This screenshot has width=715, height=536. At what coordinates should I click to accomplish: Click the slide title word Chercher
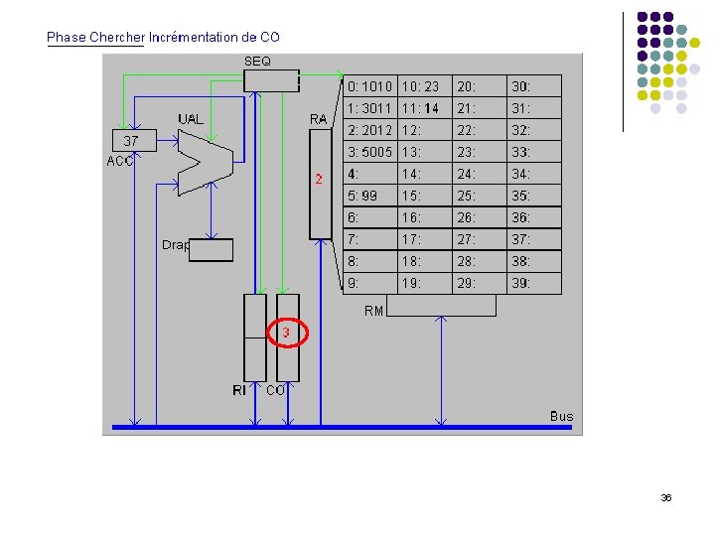117,37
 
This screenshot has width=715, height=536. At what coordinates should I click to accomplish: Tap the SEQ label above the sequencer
257,62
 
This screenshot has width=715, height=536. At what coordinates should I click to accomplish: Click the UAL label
192,119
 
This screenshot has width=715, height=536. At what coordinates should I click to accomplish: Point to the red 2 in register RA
319,180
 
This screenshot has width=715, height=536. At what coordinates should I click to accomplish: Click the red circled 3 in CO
286,333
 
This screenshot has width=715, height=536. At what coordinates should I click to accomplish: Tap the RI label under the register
239,391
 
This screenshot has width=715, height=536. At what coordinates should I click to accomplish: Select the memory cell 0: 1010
369,87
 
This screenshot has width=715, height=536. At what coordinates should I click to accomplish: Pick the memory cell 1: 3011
369,108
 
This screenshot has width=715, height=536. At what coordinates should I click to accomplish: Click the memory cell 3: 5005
369,152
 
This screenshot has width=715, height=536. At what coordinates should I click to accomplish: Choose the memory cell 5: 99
361,196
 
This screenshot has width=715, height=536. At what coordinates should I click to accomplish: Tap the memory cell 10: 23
420,87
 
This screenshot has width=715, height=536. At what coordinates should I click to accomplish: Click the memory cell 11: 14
420,108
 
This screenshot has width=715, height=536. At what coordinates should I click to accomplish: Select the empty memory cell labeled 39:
520,283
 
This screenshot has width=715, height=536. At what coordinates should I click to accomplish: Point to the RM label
373,311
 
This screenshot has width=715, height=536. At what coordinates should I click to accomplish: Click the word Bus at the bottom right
561,416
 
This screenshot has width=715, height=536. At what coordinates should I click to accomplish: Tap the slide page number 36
665,498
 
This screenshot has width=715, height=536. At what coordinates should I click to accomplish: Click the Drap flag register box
211,250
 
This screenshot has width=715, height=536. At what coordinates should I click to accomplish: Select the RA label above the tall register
318,119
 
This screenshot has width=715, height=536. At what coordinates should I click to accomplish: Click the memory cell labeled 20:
466,87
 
